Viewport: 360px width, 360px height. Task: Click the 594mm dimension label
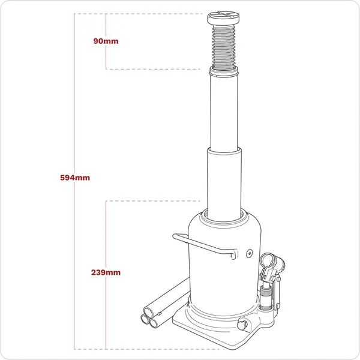[75, 178]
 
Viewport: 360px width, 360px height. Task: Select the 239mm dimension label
[106, 272]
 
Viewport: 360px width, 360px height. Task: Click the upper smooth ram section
[226, 111]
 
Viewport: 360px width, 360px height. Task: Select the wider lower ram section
[225, 180]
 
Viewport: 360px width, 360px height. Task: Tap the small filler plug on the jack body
[248, 253]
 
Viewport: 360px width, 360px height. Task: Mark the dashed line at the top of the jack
[150, 13]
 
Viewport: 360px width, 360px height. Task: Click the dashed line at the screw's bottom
[156, 69]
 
